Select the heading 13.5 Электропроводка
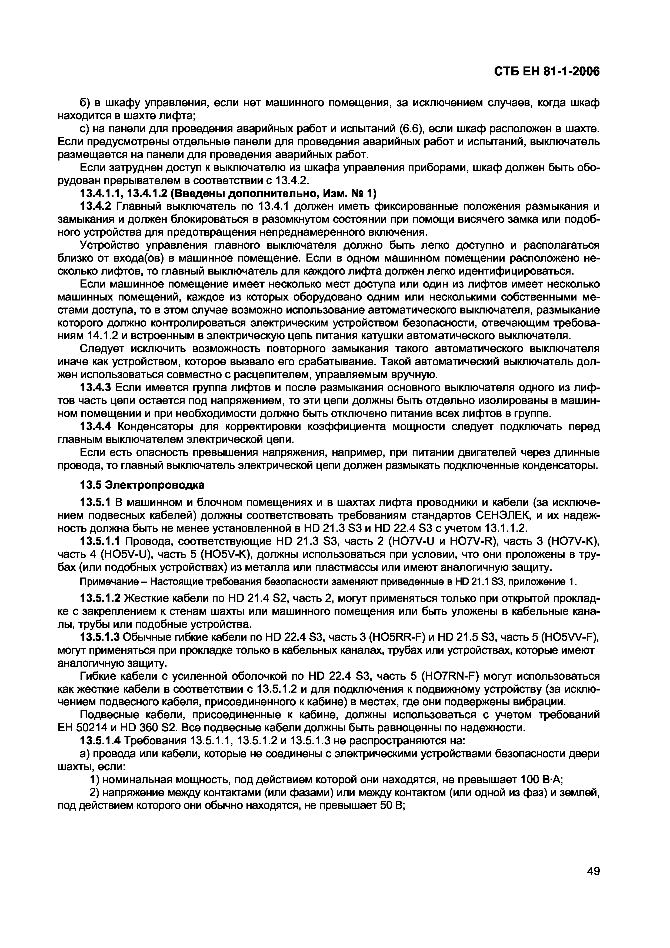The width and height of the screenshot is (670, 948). [142, 484]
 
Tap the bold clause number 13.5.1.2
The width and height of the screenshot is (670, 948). [100, 598]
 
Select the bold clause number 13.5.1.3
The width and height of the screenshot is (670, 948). [100, 637]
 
